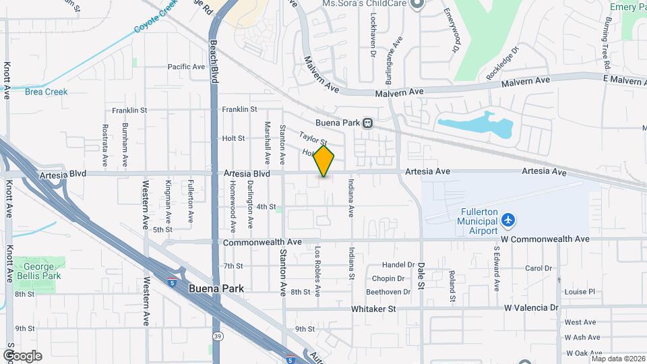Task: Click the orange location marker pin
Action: point(324,160)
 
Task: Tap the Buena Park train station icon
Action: point(368,123)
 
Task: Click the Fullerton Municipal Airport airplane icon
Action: point(508,220)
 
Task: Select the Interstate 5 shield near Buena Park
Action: point(173,274)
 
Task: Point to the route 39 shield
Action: point(216,335)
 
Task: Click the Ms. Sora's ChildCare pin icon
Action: point(417,4)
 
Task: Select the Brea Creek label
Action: point(47,92)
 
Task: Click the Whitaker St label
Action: point(373,308)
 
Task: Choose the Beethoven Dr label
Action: point(388,292)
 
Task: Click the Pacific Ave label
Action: point(186,67)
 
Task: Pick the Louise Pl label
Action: point(580,292)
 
